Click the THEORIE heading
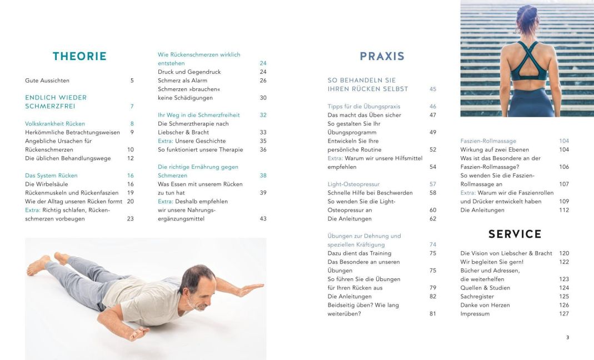click(79, 56)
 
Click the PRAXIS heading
click(382, 56)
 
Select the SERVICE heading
click(515, 234)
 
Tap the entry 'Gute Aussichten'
click(47, 81)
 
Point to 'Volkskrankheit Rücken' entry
click(55, 123)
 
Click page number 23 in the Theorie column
click(130, 219)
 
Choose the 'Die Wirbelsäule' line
click(47, 184)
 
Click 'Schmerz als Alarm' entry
click(181, 81)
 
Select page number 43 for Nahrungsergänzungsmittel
click(263, 219)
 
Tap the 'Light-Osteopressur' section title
click(354, 184)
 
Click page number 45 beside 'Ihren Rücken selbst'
click(433, 89)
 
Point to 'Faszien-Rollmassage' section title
click(488, 141)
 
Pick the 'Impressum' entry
click(475, 314)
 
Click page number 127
click(564, 314)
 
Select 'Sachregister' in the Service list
click(477, 297)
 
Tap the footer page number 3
click(567, 337)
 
